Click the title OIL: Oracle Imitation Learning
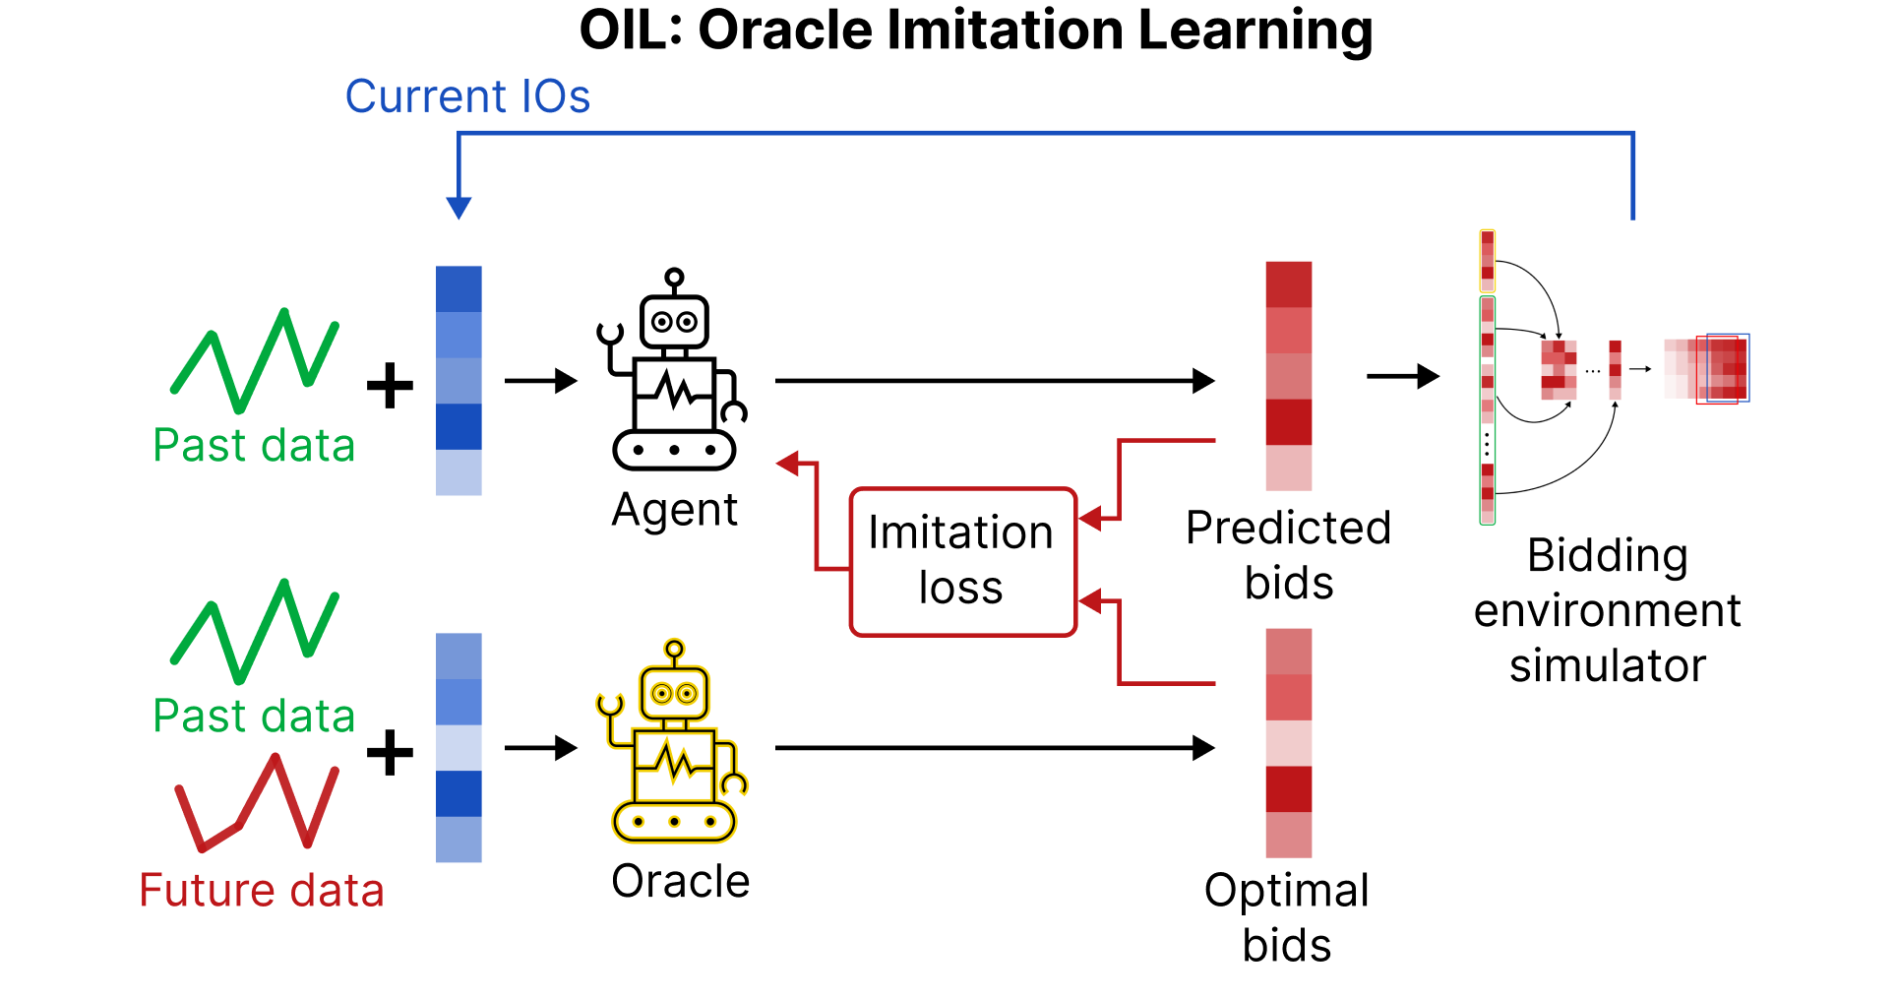click(x=975, y=31)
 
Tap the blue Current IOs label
click(x=467, y=96)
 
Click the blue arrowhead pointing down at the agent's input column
click(x=459, y=207)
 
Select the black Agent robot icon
click(x=673, y=371)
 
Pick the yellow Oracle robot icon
click(x=673, y=743)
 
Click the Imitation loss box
click(x=962, y=561)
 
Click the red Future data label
click(x=262, y=890)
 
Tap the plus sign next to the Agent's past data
click(x=390, y=385)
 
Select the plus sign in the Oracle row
click(x=390, y=753)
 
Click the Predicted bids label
click(x=1288, y=555)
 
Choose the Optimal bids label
click(x=1286, y=917)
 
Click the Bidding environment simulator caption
click(x=1607, y=610)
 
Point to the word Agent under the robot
click(x=674, y=510)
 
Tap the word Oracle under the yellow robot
click(x=680, y=881)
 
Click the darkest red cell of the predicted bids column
click(x=1288, y=422)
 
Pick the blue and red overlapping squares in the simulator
click(x=1724, y=368)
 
